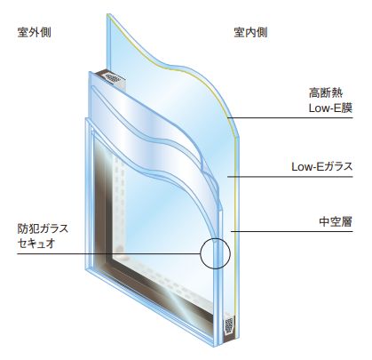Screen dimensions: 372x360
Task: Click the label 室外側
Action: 35,33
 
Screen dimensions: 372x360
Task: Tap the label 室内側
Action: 251,33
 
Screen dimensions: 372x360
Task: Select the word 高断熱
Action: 326,93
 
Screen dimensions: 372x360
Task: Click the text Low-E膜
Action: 330,108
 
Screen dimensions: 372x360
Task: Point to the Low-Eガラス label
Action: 322,166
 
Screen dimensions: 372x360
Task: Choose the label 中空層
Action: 336,221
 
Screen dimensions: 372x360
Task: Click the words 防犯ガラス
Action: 43,228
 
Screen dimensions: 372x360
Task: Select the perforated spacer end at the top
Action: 114,78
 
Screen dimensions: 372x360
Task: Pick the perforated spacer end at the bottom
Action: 229,325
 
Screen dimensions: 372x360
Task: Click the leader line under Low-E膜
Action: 290,118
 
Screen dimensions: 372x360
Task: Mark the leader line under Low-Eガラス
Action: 290,177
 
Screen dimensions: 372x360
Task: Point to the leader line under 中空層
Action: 292,231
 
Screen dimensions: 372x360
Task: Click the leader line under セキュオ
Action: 109,254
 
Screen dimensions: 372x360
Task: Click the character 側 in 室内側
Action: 262,33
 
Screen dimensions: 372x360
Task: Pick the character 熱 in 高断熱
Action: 337,93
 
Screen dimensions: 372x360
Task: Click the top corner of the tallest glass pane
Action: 107,13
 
